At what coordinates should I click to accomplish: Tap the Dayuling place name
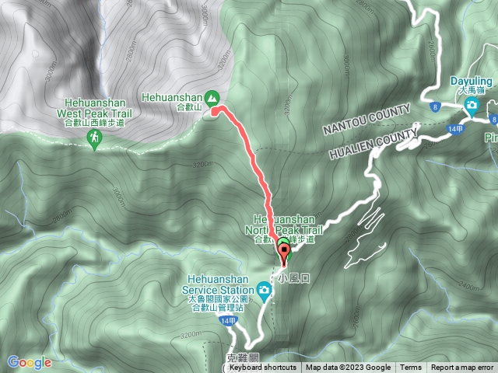pyautogui.click(x=472, y=80)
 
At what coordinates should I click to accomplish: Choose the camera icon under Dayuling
pyautogui.click(x=472, y=104)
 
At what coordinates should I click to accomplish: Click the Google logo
pyautogui.click(x=30, y=361)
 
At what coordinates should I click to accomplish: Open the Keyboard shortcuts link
pyautogui.click(x=262, y=368)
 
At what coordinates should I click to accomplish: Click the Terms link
pyautogui.click(x=411, y=368)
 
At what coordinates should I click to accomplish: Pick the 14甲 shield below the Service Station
pyautogui.click(x=226, y=320)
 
